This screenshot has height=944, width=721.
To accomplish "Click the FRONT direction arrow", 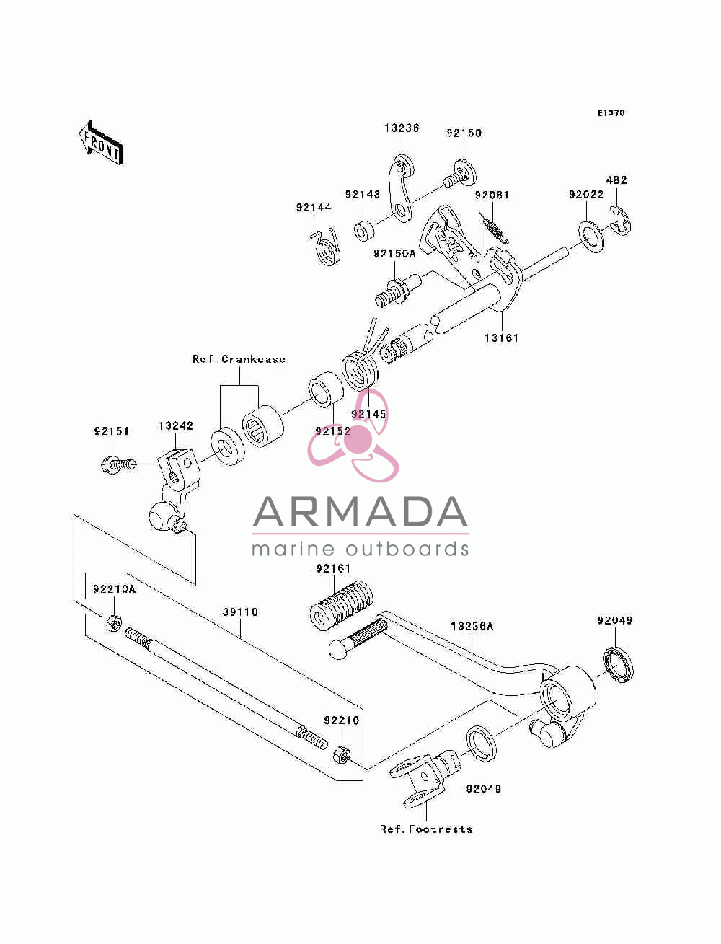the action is (x=101, y=142).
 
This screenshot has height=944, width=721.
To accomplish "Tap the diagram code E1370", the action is (x=611, y=113).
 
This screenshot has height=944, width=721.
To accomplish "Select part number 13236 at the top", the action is (x=402, y=128).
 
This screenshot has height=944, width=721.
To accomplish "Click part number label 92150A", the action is (x=394, y=254).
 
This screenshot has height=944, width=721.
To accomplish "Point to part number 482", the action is (x=616, y=180).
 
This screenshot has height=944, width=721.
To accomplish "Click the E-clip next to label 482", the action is (x=621, y=220).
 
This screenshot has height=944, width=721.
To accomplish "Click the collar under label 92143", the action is (x=363, y=231).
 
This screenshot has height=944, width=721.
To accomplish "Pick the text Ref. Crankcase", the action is (x=239, y=359).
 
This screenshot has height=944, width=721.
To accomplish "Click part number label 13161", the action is (x=501, y=338).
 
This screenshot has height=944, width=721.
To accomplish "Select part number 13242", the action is (x=175, y=425).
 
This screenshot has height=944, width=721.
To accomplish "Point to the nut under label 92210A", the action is (x=113, y=623).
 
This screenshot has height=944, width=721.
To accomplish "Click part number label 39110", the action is (x=240, y=612).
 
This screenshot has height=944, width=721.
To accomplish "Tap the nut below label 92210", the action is (x=342, y=755).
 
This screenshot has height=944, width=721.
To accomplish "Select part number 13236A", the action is (x=472, y=626).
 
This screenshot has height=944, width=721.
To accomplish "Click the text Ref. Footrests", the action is (x=425, y=829).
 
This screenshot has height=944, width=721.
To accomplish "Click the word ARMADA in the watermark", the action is (x=360, y=512).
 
